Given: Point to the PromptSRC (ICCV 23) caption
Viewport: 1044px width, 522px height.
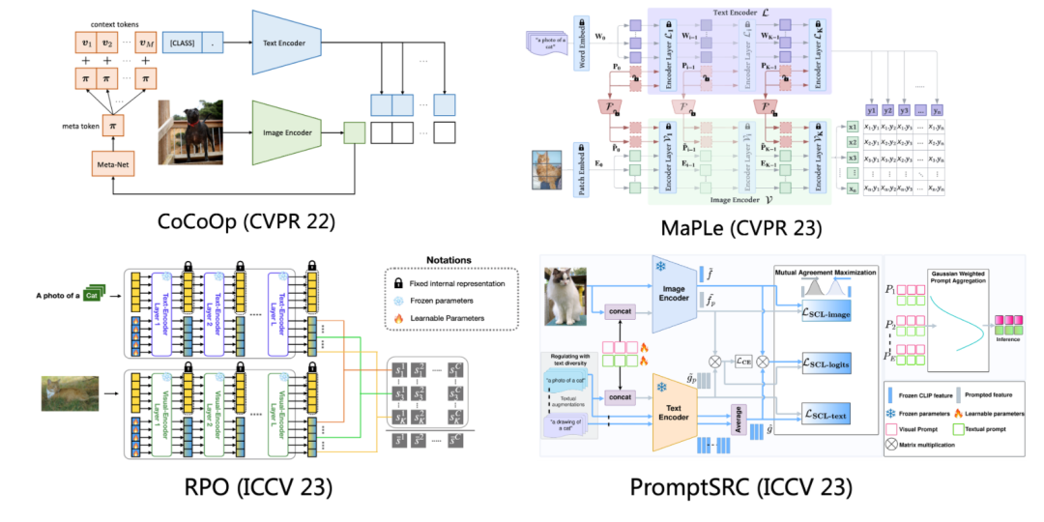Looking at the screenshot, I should click(742, 487).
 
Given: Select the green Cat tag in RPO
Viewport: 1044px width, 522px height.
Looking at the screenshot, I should click(94, 296).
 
